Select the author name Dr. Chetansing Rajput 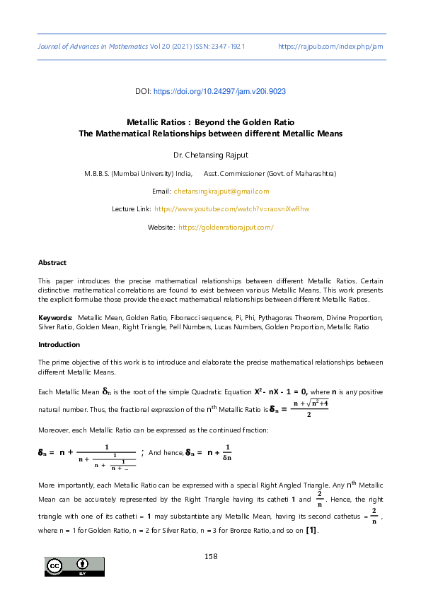210,153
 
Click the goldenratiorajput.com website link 226,227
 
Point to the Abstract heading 52,262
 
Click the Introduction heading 59,345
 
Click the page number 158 210,556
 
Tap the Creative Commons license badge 75,567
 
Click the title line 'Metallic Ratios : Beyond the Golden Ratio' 210,122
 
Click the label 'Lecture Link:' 131,209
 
